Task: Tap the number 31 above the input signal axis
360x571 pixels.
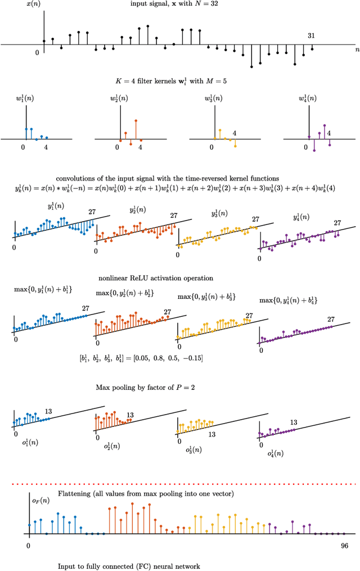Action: point(311,35)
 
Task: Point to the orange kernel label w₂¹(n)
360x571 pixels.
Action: point(119,99)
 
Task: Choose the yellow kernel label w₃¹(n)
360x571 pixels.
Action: point(214,99)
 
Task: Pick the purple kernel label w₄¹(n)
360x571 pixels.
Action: point(308,99)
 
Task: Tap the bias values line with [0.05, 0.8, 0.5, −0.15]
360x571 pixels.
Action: point(141,357)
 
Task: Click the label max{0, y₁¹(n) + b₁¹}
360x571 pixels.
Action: point(42,290)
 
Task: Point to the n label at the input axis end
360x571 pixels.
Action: point(357,50)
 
